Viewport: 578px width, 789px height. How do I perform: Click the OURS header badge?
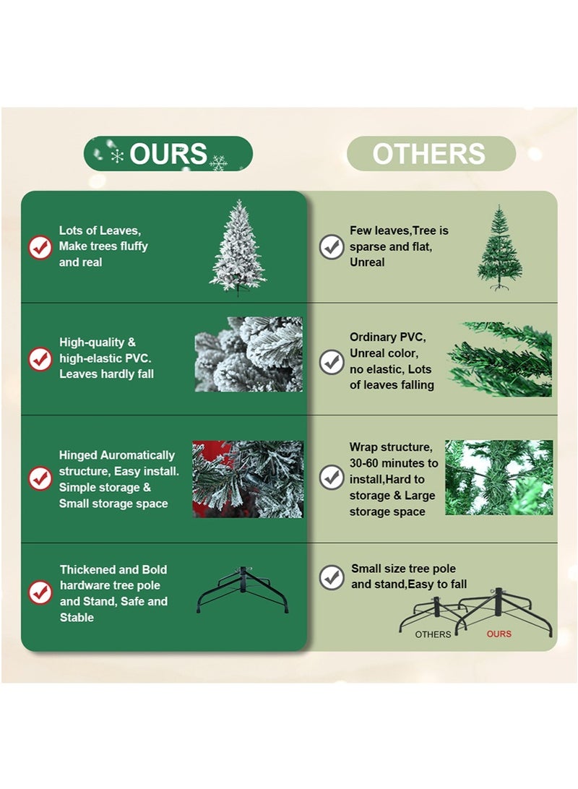point(168,154)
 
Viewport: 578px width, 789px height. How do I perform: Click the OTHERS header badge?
point(431,154)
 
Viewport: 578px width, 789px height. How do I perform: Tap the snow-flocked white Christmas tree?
point(238,248)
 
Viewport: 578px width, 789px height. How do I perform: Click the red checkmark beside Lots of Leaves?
point(40,247)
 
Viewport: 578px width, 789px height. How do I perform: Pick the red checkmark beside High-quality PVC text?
point(40,358)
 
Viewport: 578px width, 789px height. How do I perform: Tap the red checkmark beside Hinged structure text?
point(40,478)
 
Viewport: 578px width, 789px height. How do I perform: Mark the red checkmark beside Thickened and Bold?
point(40,592)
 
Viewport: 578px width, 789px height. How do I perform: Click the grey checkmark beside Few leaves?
point(332,246)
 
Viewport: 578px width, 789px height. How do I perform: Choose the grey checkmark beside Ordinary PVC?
point(332,361)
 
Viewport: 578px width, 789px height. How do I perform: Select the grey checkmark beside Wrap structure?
point(332,477)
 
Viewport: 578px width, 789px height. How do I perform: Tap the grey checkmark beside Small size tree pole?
point(332,577)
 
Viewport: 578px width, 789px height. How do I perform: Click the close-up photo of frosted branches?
point(249,354)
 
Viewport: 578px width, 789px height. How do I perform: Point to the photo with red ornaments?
point(248,479)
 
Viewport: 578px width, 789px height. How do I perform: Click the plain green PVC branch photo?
point(500,359)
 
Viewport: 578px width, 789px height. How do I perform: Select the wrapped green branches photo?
point(499,477)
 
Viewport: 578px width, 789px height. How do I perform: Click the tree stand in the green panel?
point(243,591)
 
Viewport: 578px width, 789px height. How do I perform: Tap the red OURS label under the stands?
point(499,634)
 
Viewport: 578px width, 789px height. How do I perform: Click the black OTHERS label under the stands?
point(433,634)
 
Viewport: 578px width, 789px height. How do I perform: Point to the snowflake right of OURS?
point(218,163)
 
